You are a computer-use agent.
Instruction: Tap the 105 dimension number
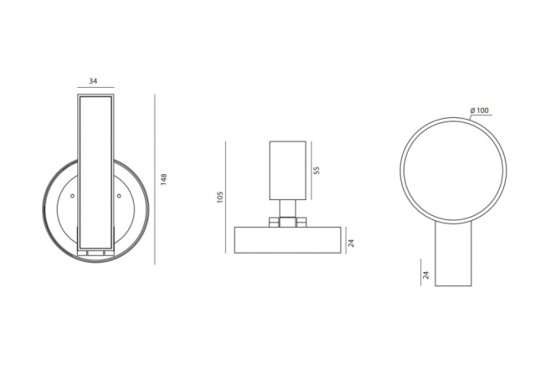(219, 197)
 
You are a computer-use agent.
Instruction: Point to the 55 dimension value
(317, 170)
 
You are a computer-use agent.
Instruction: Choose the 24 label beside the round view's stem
(426, 274)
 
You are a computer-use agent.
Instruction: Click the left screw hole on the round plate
(73, 196)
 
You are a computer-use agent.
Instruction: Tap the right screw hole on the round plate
(120, 196)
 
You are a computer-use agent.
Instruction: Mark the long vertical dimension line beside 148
(155, 179)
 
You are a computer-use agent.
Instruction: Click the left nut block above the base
(275, 222)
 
